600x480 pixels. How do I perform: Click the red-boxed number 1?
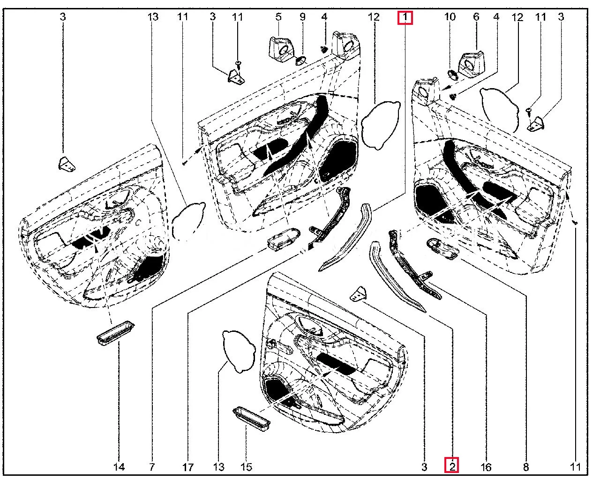(x=405, y=18)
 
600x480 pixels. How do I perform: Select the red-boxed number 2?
(x=452, y=466)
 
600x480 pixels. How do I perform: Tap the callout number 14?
(x=119, y=467)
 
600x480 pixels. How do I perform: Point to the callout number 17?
(x=188, y=467)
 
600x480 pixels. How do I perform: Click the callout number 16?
(x=486, y=467)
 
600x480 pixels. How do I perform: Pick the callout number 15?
(x=246, y=467)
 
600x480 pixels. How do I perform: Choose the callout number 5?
(x=278, y=17)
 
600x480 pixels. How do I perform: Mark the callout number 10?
(x=450, y=17)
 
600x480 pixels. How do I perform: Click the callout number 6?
(x=476, y=17)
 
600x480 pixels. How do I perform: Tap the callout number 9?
(x=302, y=17)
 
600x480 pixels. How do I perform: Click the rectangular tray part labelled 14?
(x=115, y=333)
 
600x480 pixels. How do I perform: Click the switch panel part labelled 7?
(x=283, y=238)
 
